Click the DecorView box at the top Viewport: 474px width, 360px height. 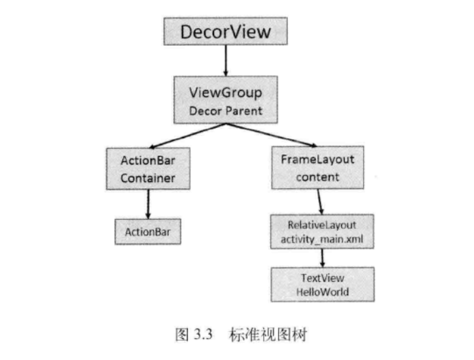pyautogui.click(x=225, y=31)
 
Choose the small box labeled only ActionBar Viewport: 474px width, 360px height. pyautogui.click(x=147, y=231)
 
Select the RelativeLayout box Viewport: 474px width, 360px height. pyautogui.click(x=322, y=231)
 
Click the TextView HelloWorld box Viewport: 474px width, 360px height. pyautogui.click(x=322, y=285)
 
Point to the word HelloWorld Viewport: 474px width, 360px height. pyautogui.click(x=322, y=292)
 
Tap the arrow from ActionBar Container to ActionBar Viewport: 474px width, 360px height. pyautogui.click(x=147, y=203)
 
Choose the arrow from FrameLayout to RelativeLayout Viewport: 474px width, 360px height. pyautogui.click(x=319, y=201)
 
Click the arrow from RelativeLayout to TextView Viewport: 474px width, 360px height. pyautogui.click(x=322, y=258)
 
